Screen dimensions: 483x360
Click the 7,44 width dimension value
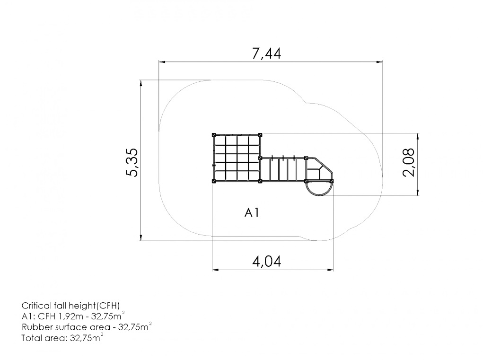pyautogui.click(x=266, y=53)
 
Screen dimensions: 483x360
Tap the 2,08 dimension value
pyautogui.click(x=409, y=162)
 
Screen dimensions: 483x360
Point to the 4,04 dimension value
pyautogui.click(x=267, y=262)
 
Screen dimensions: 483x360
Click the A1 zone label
pyautogui.click(x=252, y=212)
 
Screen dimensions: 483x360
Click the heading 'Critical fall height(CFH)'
pyautogui.click(x=70, y=306)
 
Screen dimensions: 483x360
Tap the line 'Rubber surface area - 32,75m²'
pyautogui.click(x=87, y=327)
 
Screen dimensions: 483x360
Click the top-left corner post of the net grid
pyautogui.click(x=214, y=135)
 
